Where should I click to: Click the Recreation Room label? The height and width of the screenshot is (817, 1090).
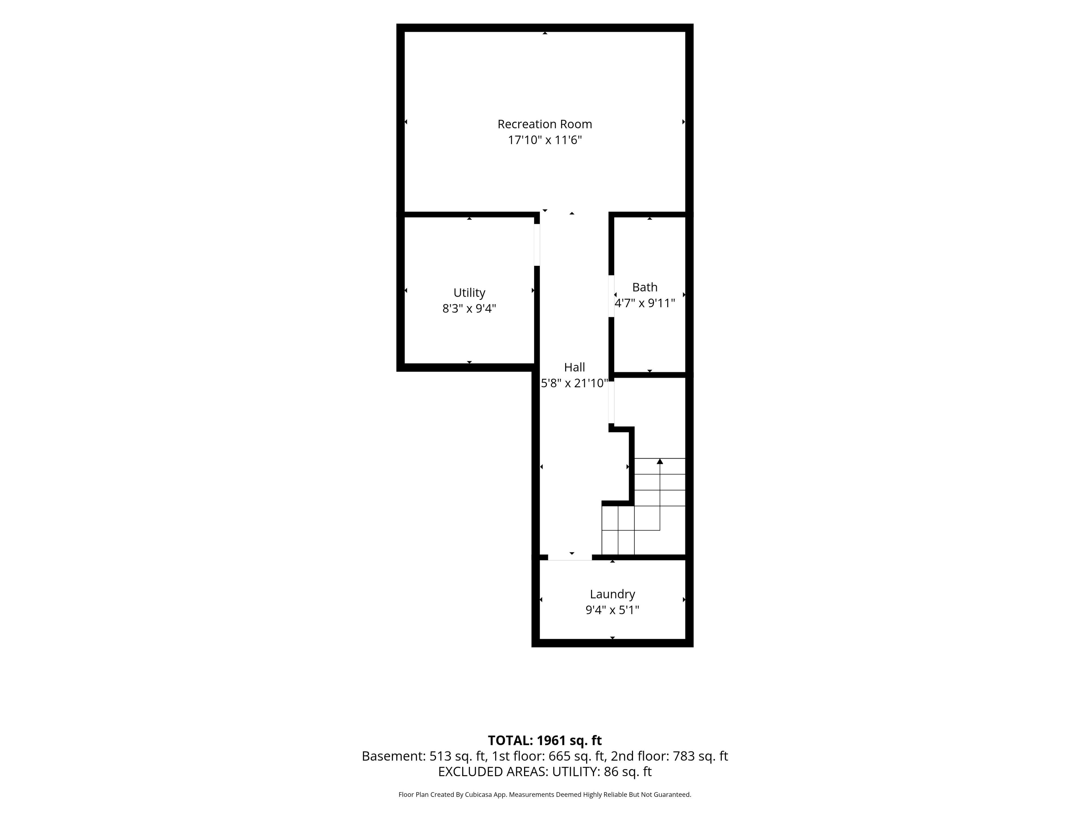click(x=544, y=124)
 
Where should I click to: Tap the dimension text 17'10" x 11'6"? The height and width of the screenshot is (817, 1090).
click(x=544, y=140)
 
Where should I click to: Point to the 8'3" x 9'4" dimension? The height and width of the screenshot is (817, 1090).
click(x=469, y=309)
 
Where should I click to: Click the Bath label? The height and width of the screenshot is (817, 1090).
click(x=645, y=287)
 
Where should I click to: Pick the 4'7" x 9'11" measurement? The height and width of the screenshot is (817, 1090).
click(x=645, y=303)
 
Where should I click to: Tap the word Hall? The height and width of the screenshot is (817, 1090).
click(x=575, y=367)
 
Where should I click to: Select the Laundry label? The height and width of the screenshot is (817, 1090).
click(x=613, y=594)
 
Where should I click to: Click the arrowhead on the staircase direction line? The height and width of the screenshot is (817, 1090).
click(x=660, y=461)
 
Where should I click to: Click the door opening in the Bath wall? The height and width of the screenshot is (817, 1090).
click(x=611, y=296)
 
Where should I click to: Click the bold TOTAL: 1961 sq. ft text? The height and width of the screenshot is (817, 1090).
click(x=544, y=741)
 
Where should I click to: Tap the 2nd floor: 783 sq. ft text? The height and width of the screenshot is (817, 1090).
click(x=669, y=756)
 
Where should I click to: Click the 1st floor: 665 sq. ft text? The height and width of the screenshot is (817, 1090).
click(x=548, y=756)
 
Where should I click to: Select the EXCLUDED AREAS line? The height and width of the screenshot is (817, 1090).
click(x=544, y=772)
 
